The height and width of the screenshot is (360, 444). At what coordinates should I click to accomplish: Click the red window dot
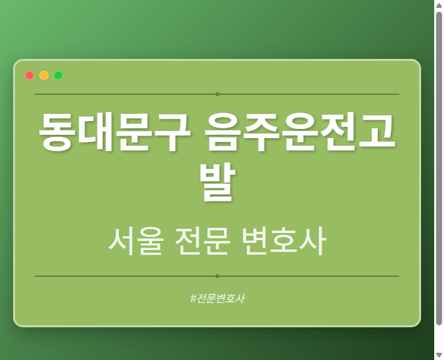29,75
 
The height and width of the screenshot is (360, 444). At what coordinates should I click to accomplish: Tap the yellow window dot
44,75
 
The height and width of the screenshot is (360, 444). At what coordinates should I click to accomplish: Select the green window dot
58,75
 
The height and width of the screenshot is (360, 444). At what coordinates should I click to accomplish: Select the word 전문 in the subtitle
202,242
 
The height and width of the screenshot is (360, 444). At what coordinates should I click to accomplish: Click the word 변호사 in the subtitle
283,242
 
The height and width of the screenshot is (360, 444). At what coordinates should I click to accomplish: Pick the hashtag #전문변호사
217,298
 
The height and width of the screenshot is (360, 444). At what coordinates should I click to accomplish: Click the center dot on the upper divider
217,94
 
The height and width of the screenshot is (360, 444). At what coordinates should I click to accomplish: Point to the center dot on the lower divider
217,276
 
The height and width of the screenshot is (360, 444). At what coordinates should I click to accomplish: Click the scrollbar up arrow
439,5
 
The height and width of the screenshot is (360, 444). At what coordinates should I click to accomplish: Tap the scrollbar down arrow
439,355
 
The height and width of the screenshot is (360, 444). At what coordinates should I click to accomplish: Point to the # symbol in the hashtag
193,298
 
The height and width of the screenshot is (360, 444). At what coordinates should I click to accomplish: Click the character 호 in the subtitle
283,242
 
